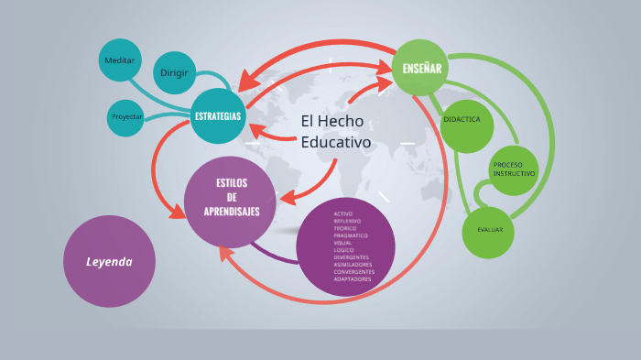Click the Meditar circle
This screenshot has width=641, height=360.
click(120, 60)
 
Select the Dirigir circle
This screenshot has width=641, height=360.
click(174, 72)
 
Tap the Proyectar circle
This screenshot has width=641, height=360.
click(126, 117)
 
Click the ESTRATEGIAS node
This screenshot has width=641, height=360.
click(218, 116)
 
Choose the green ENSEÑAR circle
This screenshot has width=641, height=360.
click(421, 68)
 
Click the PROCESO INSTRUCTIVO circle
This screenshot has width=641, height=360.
click(514, 170)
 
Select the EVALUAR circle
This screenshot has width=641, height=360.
click(488, 228)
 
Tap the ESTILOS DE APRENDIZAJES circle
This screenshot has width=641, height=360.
click(231, 198)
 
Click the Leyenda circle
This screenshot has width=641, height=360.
click(109, 262)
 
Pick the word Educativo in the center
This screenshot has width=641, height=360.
click(336, 143)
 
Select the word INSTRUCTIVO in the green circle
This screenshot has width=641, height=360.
click(514, 174)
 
